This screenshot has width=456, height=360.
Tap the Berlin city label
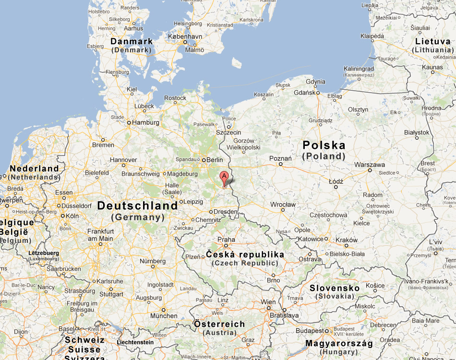[x=215, y=160]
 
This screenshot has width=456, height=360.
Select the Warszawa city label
[x=369, y=165]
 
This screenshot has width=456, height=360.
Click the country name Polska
[x=324, y=145]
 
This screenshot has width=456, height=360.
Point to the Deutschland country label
[x=137, y=206]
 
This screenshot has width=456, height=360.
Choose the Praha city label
[x=226, y=240]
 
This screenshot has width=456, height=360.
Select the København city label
[x=185, y=36]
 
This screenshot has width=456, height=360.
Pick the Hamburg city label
[x=146, y=122]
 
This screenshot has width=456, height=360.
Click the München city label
[x=164, y=316]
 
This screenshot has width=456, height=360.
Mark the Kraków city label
[x=347, y=240]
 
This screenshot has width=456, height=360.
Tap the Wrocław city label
[x=283, y=204]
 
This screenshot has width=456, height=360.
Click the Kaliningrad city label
[x=359, y=69]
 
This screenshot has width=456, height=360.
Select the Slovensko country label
[x=335, y=288]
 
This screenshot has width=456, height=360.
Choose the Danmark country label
[x=132, y=42]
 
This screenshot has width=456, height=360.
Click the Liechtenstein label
[x=135, y=342]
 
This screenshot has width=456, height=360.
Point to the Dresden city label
[x=226, y=211]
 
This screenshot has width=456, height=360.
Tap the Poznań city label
[x=280, y=158]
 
